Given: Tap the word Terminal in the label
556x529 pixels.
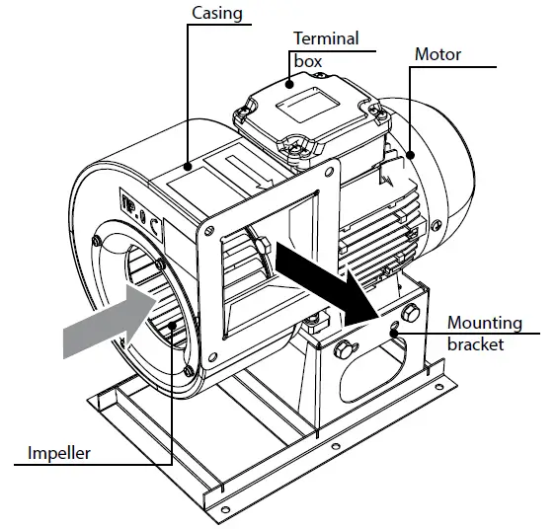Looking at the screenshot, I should click(x=325, y=39).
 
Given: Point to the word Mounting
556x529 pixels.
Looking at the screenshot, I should click(x=485, y=323).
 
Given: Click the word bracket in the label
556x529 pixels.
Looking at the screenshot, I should click(x=475, y=344).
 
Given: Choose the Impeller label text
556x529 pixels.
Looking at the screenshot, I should click(x=59, y=453).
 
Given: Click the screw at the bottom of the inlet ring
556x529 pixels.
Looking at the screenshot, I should click(x=189, y=371).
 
